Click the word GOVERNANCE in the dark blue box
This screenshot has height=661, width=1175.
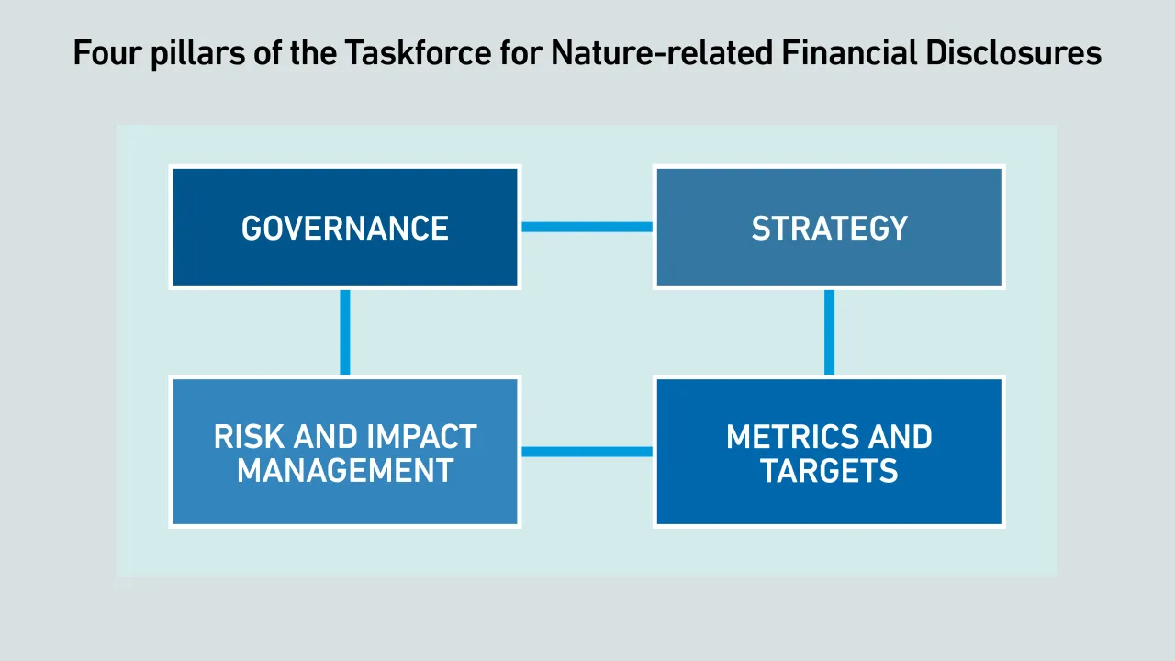[x=344, y=229]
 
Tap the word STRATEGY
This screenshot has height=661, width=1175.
[x=829, y=229]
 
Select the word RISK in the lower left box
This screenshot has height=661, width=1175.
[x=249, y=436]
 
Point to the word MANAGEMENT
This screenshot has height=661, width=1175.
[x=344, y=470]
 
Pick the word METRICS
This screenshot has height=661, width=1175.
[x=792, y=436]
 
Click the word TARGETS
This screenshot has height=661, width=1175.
[x=829, y=470]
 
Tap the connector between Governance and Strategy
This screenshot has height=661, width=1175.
[x=587, y=227]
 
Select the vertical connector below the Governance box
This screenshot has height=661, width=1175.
[x=344, y=332]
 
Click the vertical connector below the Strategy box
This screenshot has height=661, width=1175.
[x=829, y=332]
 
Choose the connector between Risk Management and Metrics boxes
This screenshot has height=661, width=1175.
[x=587, y=452]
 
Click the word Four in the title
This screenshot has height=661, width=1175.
[x=107, y=53]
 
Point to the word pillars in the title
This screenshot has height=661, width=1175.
[x=197, y=54]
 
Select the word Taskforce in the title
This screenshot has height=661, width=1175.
[x=418, y=52]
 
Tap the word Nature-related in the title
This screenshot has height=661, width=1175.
[x=662, y=52]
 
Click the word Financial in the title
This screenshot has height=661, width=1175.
[x=849, y=52]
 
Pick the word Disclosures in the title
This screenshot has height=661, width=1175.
[x=1013, y=52]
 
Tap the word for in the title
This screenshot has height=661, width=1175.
[x=520, y=52]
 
